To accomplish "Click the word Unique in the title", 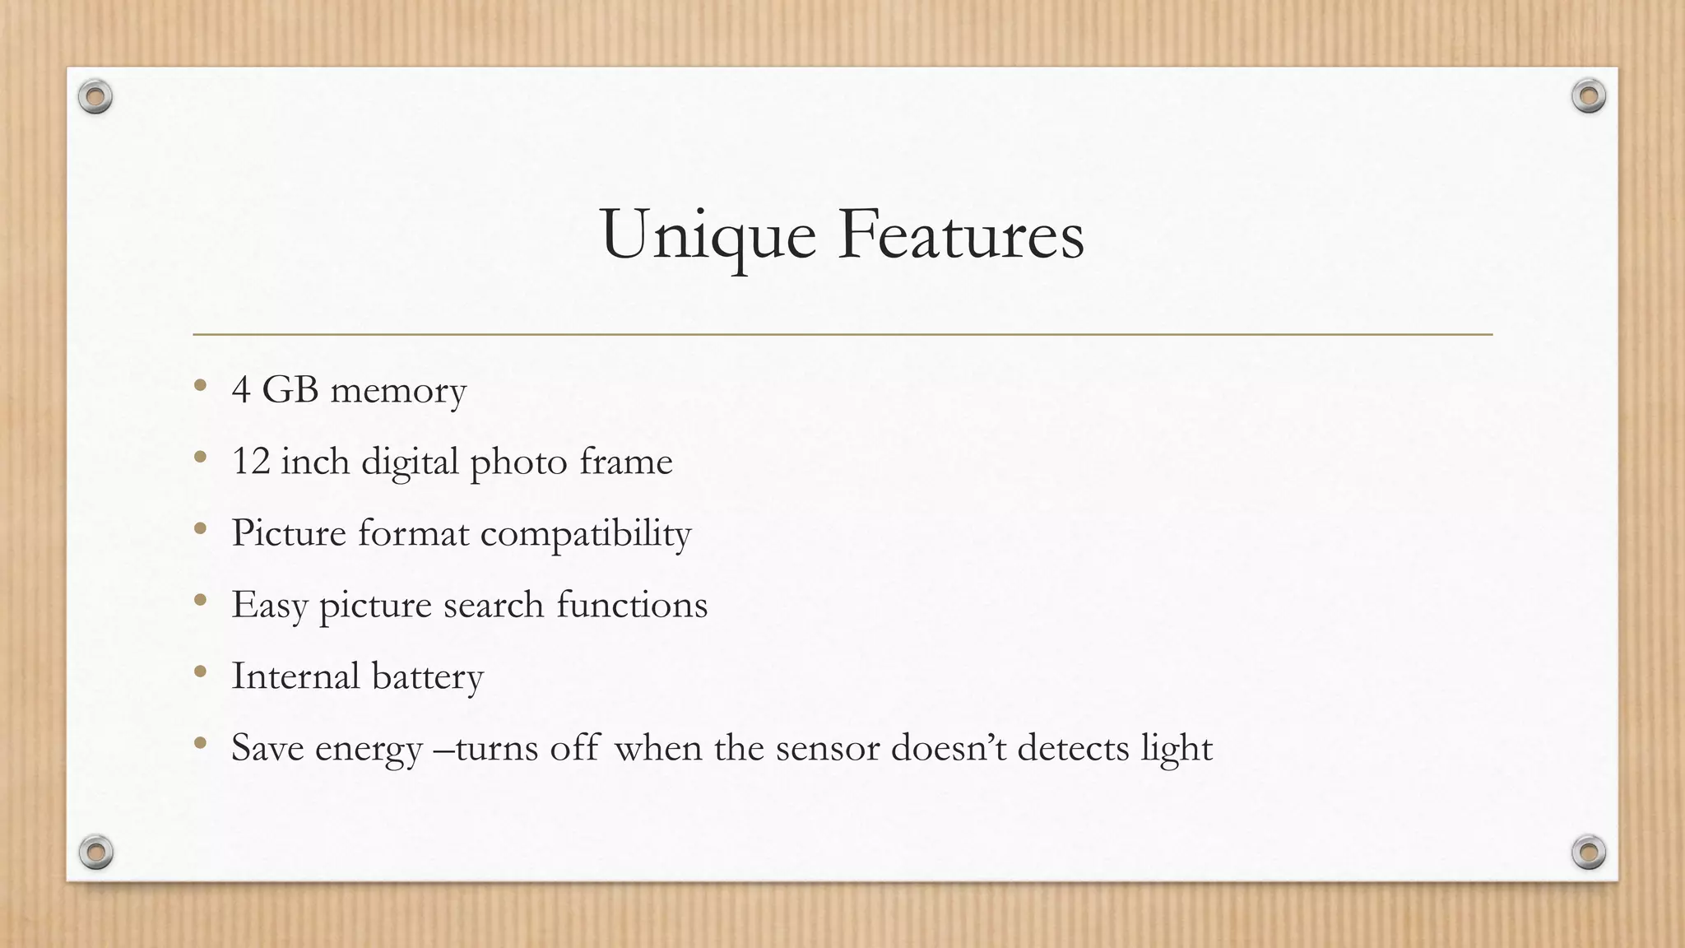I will click(x=708, y=236).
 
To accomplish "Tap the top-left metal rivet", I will click(x=95, y=97).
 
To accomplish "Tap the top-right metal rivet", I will click(x=1589, y=96).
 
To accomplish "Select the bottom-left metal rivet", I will click(x=95, y=852).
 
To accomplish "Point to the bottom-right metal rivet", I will click(x=1589, y=852).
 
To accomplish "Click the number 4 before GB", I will click(x=241, y=389).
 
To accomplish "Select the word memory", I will click(x=398, y=391).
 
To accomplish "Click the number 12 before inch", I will click(x=251, y=461).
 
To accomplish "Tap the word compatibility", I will click(x=586, y=534).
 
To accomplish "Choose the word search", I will click(x=494, y=605).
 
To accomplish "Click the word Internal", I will click(x=295, y=676).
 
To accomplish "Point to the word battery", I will click(x=428, y=677).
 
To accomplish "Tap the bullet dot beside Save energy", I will click(x=200, y=743).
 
